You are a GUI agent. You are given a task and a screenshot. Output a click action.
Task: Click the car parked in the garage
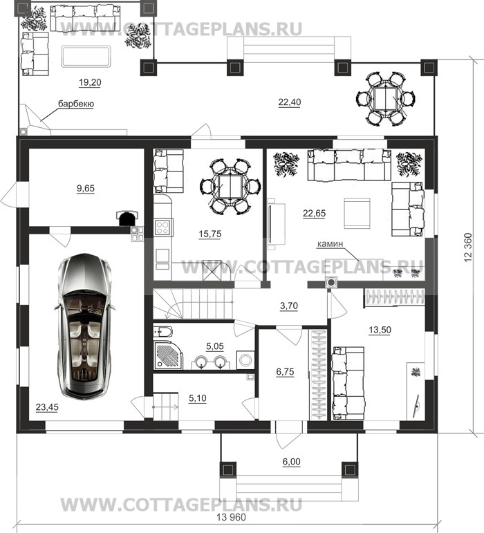coord(84,326)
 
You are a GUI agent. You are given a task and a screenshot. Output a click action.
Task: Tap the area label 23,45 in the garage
coord(47,407)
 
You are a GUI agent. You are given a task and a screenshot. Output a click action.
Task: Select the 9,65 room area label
coord(86,188)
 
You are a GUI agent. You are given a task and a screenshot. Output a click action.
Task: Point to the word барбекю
coord(76,103)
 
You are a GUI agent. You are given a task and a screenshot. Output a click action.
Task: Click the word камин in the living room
coord(330,244)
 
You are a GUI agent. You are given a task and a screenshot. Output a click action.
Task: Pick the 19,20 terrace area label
coord(90,82)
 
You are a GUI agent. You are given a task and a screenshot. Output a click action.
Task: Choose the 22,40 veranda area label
coord(290,102)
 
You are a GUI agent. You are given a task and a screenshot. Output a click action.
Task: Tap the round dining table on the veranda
coord(385,99)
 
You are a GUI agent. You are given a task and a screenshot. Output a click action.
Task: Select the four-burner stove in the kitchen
coord(162,227)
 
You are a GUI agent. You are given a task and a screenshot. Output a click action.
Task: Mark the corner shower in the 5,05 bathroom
coord(169,355)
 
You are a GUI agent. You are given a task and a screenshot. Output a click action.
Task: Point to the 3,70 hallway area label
coord(289,306)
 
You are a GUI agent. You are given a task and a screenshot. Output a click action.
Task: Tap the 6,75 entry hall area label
coord(285,372)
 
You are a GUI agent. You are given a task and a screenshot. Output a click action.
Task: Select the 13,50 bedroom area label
coord(380,330)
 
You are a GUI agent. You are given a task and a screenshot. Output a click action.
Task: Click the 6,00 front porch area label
coord(292,462)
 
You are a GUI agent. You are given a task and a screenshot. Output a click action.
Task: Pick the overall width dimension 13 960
coord(231,517)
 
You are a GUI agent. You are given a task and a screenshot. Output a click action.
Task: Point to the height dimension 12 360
coord(468,247)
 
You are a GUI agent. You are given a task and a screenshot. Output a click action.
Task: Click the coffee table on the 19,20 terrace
coord(86,57)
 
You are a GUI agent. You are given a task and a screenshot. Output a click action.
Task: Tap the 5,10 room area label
coord(198,398)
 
